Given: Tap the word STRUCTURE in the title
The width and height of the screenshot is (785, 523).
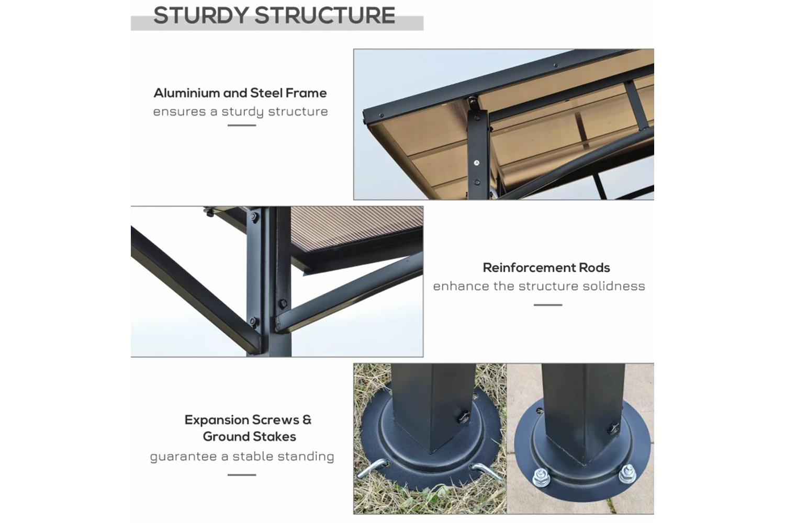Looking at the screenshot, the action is click(x=325, y=15).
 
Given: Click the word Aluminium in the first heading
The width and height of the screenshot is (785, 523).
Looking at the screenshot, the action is click(x=186, y=93).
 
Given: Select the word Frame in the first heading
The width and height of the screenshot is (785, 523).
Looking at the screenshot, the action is click(x=306, y=93).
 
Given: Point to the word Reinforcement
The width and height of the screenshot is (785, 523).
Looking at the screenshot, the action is click(x=529, y=268).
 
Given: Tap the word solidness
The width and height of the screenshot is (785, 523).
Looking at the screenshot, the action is click(x=614, y=286).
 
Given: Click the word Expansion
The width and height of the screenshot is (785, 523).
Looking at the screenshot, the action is click(x=217, y=419).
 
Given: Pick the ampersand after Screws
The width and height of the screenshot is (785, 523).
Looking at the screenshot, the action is click(x=307, y=419).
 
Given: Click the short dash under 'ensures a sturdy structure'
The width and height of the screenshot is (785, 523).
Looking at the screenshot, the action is click(x=242, y=125).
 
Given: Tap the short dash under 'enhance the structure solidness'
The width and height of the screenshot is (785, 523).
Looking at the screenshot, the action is click(x=548, y=305).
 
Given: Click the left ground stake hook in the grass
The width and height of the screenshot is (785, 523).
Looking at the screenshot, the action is click(x=373, y=468).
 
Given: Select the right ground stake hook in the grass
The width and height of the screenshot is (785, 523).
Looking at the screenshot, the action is click(x=485, y=471).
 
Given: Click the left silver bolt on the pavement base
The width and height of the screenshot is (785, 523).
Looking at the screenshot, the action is click(x=541, y=477).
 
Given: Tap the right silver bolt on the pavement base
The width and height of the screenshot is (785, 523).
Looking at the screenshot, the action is click(x=627, y=474).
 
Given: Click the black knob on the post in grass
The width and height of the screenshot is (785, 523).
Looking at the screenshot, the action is click(x=463, y=417).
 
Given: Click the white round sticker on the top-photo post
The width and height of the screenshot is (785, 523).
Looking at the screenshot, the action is click(x=477, y=163).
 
